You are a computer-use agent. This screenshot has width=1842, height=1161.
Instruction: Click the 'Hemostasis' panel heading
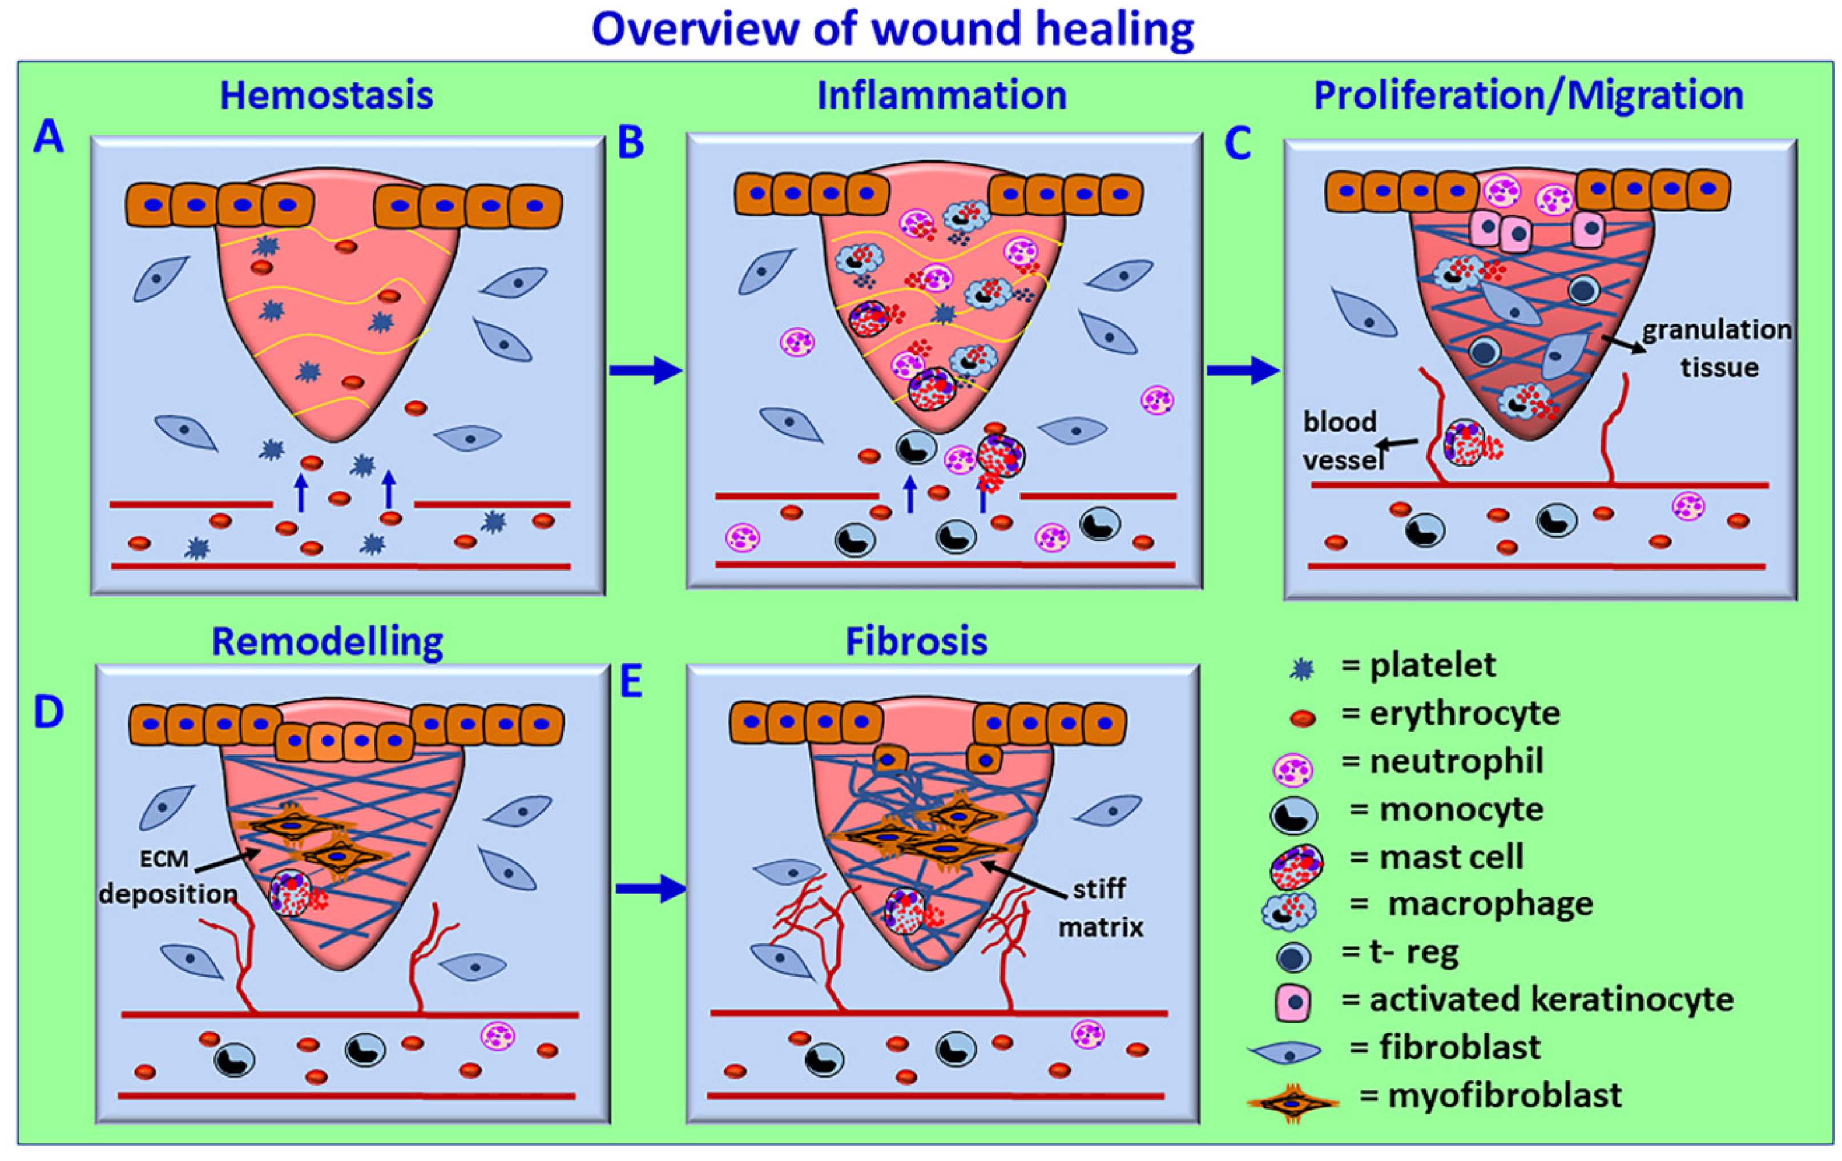click(x=326, y=97)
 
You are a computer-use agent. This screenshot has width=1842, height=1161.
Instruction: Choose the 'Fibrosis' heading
click(x=916, y=642)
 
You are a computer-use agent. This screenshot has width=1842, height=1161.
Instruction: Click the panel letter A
click(x=48, y=138)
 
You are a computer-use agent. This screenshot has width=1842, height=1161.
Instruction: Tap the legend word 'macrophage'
click(x=1490, y=904)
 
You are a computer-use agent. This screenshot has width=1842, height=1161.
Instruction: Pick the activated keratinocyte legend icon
click(x=1293, y=1002)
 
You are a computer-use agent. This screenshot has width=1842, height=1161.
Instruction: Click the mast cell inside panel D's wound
click(x=291, y=893)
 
